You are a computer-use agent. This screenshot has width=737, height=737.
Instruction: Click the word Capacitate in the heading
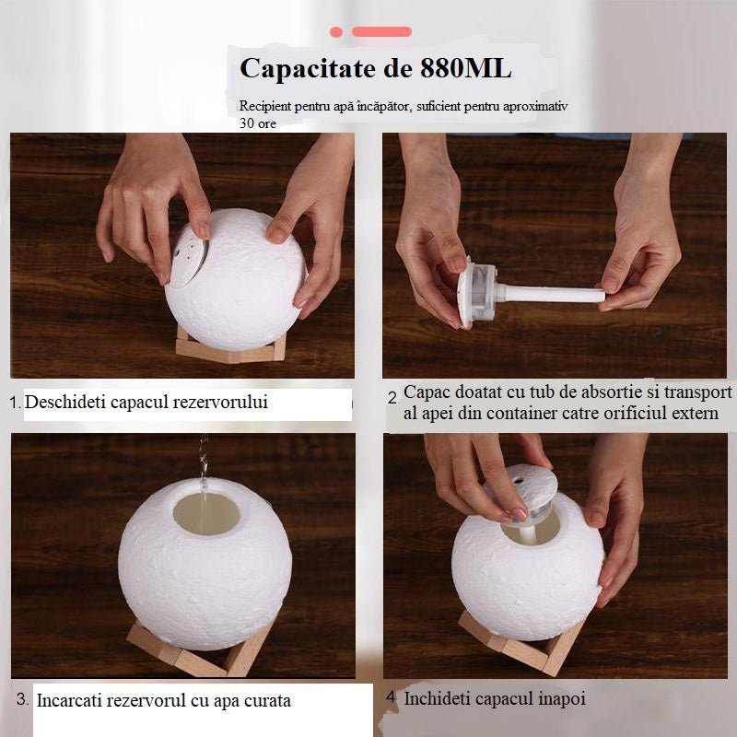point(308,68)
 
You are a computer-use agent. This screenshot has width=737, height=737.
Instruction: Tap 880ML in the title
point(465,68)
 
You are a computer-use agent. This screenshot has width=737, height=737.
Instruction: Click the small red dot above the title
point(336,32)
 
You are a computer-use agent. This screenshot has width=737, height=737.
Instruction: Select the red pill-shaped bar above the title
point(381,32)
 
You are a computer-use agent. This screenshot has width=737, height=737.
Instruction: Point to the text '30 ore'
point(258,123)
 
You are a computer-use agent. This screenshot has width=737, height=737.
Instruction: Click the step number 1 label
point(15,403)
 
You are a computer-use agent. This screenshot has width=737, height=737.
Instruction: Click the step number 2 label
point(393,398)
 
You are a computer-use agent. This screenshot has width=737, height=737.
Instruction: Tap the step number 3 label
point(22,698)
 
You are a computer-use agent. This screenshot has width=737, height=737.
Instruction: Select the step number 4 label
point(391,696)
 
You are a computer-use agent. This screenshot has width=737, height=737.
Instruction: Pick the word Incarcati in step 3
point(70,700)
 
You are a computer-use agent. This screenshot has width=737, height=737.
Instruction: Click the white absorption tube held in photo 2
point(551,294)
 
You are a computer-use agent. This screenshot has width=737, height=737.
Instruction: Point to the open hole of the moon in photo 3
point(206,514)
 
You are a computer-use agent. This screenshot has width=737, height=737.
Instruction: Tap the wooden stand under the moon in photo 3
point(197,651)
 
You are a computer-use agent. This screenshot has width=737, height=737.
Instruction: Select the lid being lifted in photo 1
point(188,262)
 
